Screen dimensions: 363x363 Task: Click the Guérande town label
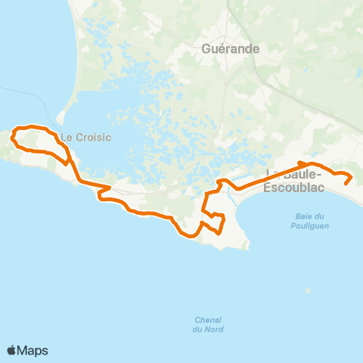tap(231, 49)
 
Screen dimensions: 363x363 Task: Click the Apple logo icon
tap(11, 350)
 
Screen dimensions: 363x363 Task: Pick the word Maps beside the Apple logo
tap(33, 350)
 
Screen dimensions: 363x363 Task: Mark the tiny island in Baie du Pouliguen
tap(307, 289)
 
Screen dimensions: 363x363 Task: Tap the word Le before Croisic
tap(66, 138)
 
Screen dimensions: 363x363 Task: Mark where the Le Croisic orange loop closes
tap(69, 160)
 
